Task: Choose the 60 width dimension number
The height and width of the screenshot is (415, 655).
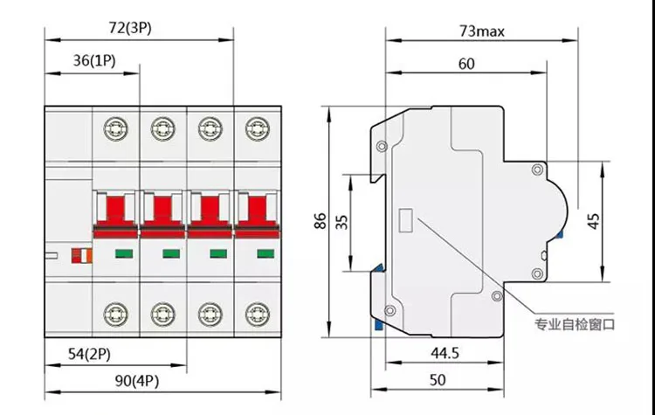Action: [x=467, y=63]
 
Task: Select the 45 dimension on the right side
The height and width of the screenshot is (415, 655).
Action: [x=594, y=221]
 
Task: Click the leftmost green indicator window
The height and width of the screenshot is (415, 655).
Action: [x=121, y=255]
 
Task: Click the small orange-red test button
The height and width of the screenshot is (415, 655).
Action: [x=80, y=255]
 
